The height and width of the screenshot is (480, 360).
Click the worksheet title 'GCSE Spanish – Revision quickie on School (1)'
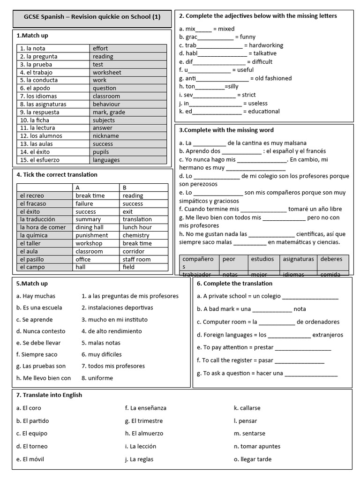tap(92, 17)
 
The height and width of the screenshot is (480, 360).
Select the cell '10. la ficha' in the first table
tap(37, 120)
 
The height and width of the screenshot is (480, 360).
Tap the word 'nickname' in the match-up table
tap(105, 136)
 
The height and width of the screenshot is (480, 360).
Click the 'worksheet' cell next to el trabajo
tap(106, 72)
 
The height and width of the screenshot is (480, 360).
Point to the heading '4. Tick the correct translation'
tap(57, 175)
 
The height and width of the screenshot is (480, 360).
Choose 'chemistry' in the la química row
tap(136, 235)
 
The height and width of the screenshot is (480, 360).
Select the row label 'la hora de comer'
tap(43, 227)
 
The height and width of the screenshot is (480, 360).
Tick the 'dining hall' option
tap(90, 227)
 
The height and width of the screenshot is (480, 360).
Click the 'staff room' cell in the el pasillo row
tap(136, 259)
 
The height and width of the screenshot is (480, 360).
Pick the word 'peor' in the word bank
tap(229, 259)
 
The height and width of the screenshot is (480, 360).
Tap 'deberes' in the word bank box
tap(331, 259)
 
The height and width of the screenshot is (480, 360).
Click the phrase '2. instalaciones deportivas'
tap(117, 307)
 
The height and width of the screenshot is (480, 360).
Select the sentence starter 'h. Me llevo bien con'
tap(44, 378)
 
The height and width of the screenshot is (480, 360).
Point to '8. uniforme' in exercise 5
tap(97, 378)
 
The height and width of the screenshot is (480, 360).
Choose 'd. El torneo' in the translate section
tap(32, 446)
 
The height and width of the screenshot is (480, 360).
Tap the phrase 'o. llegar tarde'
tap(253, 459)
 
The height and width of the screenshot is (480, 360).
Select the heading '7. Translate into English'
tap(49, 395)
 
